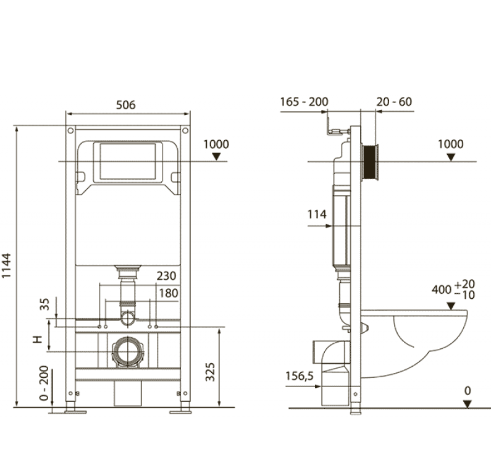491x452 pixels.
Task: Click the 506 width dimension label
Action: pos(126,105)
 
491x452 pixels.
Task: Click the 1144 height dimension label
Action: pos(7,266)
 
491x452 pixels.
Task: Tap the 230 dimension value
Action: pos(166,276)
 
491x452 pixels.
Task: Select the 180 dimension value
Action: pos(169,293)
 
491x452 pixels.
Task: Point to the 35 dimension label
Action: pos(45,304)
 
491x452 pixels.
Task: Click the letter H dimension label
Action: pos(38,340)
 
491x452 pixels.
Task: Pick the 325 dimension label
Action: pos(210,372)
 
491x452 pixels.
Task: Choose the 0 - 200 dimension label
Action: pos(44,383)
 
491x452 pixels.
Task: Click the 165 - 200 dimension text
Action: pos(304,102)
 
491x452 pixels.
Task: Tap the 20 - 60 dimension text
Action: pos(394,102)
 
